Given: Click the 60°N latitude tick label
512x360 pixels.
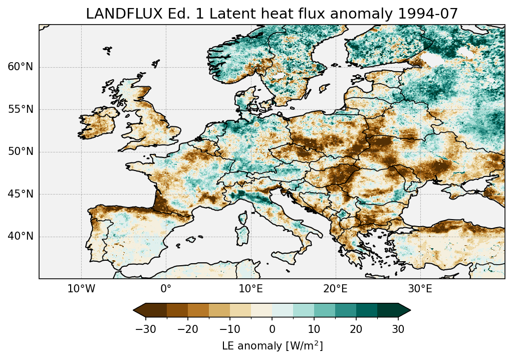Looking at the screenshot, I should [21, 67].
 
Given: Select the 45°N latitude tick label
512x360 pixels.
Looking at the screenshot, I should [21, 194].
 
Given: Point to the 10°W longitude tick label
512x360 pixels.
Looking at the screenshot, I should [81, 289].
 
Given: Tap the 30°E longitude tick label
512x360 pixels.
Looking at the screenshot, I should [420, 289].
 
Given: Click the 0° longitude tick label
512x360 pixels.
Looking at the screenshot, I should [166, 289].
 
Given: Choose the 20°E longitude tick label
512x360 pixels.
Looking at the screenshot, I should [335, 289].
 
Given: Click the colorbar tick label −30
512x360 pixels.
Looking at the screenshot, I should [145, 329].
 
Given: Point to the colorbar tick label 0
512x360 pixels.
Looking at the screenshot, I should [272, 329].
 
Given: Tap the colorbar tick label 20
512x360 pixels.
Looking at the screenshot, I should [356, 329].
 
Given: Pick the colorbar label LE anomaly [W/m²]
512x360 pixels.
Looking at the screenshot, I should [272, 346].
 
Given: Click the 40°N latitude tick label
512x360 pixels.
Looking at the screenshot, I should [21, 236].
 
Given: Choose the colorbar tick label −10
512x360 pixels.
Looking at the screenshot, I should [229, 329].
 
